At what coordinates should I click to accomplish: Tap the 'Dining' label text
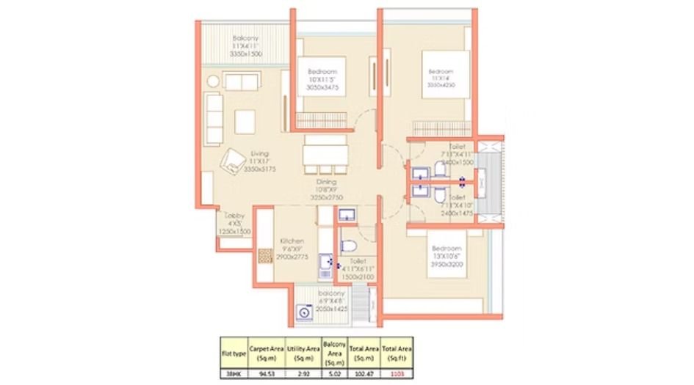(326, 182)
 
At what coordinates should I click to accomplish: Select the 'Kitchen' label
(291, 241)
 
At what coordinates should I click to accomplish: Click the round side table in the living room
(213, 81)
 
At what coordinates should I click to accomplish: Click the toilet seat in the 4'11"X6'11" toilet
(350, 245)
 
